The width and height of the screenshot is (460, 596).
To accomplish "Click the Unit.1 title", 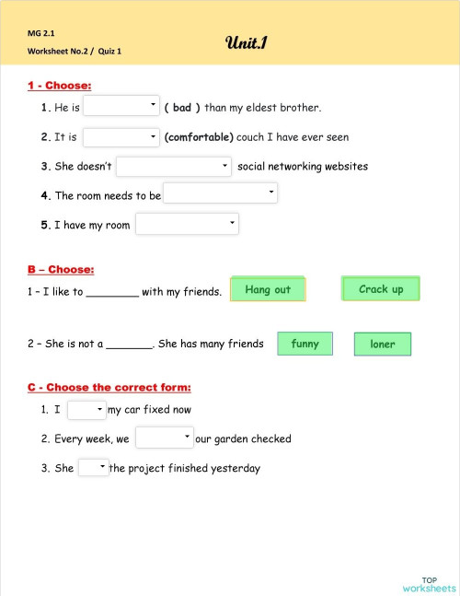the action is click(x=246, y=42).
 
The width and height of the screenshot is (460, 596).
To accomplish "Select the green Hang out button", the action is click(x=268, y=289).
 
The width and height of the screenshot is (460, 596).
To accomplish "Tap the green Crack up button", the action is click(x=380, y=288).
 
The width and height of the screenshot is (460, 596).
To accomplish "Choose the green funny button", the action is click(x=305, y=344).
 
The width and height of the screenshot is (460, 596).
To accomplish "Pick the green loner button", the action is click(x=382, y=344).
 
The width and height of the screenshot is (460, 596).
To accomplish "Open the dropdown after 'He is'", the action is click(x=121, y=107).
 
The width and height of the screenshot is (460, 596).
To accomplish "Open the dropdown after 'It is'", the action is click(x=121, y=137).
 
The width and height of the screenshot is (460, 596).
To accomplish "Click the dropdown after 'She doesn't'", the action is click(x=173, y=167).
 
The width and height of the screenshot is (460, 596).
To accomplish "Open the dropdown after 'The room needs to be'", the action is click(x=220, y=193).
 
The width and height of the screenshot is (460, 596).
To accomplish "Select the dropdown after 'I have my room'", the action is click(x=187, y=224).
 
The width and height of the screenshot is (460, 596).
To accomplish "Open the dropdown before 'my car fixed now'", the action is click(x=86, y=410).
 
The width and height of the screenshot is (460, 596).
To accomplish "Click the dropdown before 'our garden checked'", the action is click(x=164, y=438).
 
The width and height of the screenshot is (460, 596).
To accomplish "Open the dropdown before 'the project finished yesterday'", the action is click(x=93, y=467).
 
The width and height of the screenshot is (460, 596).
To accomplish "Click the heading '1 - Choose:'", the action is click(x=59, y=86).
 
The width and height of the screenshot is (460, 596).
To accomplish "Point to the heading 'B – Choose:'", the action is click(x=61, y=270).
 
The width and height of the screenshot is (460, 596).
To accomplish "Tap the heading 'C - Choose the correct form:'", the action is click(x=109, y=388).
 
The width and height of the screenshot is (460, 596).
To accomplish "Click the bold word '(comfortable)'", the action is click(x=199, y=137).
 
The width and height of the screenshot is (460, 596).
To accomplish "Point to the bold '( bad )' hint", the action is click(x=182, y=108).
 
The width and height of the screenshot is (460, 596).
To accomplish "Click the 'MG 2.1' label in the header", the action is click(x=41, y=33).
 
